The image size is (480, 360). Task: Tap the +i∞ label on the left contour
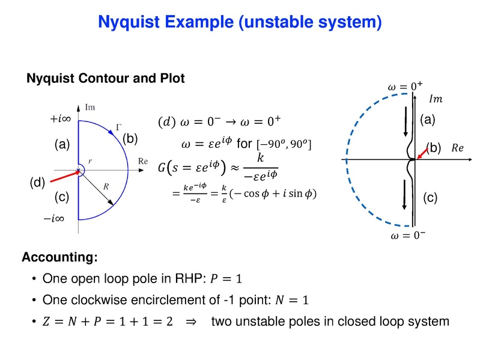(x=61, y=120)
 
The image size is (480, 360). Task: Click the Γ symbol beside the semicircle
(x=118, y=127)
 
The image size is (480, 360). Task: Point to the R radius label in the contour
(x=106, y=187)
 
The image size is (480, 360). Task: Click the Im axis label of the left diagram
(x=91, y=108)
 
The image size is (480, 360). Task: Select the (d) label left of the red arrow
(x=38, y=183)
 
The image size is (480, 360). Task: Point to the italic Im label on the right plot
(x=437, y=99)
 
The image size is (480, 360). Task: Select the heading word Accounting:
(x=59, y=258)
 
